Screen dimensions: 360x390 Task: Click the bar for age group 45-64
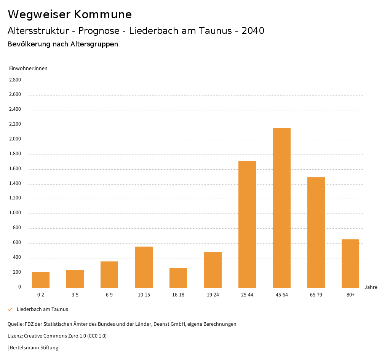pyautogui.click(x=281, y=208)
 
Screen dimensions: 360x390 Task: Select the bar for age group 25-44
pyautogui.click(x=247, y=224)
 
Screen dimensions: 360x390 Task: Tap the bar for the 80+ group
pyautogui.click(x=350, y=263)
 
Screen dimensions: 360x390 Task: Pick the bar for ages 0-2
pyautogui.click(x=41, y=280)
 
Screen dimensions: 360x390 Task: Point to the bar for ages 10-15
pyautogui.click(x=144, y=267)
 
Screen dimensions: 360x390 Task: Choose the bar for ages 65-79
pyautogui.click(x=316, y=233)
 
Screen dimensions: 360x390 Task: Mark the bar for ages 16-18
pyautogui.click(x=178, y=278)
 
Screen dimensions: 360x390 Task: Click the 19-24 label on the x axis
pyautogui.click(x=213, y=295)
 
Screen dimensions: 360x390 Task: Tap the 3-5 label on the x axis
pyautogui.click(x=75, y=295)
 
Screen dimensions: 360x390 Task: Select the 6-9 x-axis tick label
pyautogui.click(x=109, y=295)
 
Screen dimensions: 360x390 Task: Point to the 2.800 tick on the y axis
pyautogui.click(x=15, y=80)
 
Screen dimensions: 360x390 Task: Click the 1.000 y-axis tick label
pyautogui.click(x=15, y=213)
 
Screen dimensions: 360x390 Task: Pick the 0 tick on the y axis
pyautogui.click(x=19, y=287)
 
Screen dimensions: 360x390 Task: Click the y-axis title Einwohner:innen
pyautogui.click(x=28, y=68)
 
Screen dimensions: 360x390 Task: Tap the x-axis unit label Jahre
pyautogui.click(x=371, y=287)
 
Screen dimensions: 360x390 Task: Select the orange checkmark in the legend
pyautogui.click(x=10, y=309)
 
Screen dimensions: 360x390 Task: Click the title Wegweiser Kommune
pyautogui.click(x=70, y=14)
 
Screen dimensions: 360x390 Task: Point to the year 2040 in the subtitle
pyautogui.click(x=253, y=31)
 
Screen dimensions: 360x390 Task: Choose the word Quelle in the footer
pyautogui.click(x=15, y=324)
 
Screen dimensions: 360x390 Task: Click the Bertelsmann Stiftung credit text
pyautogui.click(x=34, y=347)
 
